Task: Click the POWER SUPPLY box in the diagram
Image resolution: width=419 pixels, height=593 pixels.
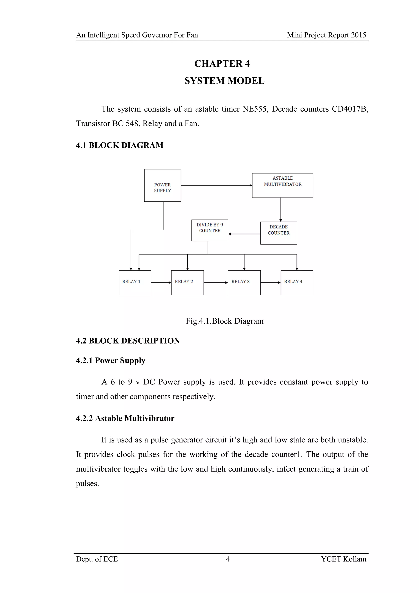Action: [162, 186]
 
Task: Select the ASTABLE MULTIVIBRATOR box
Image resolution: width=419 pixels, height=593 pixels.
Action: [283, 186]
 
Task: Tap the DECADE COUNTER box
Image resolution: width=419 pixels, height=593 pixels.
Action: [279, 233]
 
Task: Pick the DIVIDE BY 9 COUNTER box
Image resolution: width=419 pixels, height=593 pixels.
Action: [209, 230]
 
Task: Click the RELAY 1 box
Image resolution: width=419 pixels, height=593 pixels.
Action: [135, 283]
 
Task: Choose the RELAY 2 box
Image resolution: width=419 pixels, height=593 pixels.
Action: [187, 283]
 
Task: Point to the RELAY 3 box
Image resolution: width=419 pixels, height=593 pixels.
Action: [244, 283]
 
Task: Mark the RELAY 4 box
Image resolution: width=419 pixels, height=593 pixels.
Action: [297, 283]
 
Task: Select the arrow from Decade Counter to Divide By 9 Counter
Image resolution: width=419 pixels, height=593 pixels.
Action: [244, 234]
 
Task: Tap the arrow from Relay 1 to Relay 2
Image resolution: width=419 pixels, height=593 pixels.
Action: [161, 283]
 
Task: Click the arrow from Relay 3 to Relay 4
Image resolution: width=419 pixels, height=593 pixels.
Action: [270, 283]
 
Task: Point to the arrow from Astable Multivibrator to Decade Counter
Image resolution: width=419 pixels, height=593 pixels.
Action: [281, 209]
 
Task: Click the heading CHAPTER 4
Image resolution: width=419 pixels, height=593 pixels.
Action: [222, 63]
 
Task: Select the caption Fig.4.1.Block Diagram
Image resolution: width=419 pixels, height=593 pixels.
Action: [224, 321]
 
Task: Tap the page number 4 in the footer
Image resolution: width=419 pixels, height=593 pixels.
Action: [228, 559]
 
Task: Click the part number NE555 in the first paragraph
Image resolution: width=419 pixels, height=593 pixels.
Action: [254, 109]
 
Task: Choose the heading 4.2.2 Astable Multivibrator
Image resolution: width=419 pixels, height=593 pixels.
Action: [125, 418]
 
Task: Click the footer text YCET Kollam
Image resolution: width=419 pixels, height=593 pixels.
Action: [344, 559]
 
